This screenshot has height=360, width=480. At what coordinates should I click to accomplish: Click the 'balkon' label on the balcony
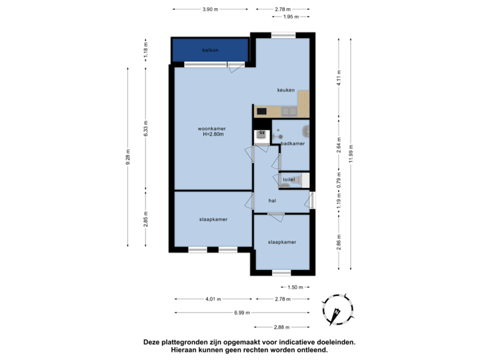tap(211, 51)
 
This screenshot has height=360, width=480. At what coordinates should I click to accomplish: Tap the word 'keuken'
tap(287, 90)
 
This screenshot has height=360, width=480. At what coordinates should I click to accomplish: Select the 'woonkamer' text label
tap(212, 128)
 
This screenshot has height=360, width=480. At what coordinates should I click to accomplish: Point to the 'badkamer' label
tap(293, 143)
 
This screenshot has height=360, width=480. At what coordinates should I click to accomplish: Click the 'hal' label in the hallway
tap(272, 200)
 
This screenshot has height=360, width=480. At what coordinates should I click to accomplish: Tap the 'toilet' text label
tap(289, 179)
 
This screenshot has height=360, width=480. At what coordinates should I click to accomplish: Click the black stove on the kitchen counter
tap(262, 111)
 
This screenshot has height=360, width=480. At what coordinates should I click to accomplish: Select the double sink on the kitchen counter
tap(289, 111)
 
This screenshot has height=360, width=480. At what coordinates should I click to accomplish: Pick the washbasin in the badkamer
tap(305, 131)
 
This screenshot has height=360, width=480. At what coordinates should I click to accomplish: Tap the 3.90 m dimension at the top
tap(211, 9)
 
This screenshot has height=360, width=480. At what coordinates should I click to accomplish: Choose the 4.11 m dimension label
tap(339, 78)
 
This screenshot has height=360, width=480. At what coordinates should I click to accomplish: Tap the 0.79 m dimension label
tap(339, 179)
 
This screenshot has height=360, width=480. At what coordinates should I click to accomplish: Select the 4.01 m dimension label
tap(212, 299)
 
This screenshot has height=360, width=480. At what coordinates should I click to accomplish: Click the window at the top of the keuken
tap(283, 35)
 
